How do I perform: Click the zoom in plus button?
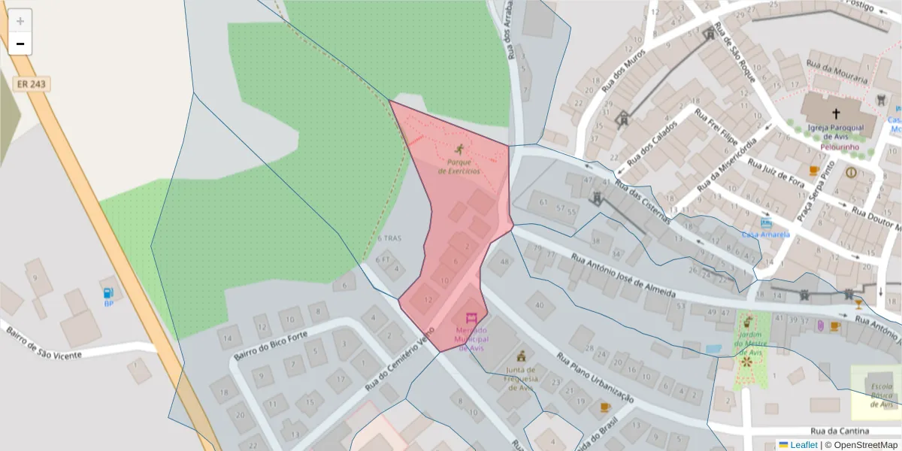[x=20, y=21]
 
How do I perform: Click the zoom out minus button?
[x=20, y=44]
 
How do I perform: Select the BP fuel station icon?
[x=109, y=292]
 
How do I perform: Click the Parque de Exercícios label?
[x=459, y=166]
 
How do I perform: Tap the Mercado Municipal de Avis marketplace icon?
[x=471, y=319]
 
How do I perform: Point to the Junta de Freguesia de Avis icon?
[x=519, y=355]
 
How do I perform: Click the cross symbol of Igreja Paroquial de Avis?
[x=836, y=114]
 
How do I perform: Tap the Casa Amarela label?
[x=766, y=235]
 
